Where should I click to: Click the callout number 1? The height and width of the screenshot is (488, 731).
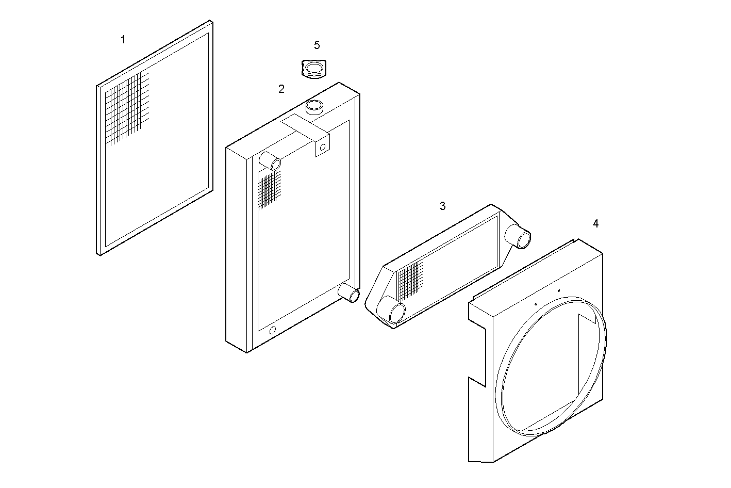pos(123,40)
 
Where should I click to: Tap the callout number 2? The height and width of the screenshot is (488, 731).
pos(281,89)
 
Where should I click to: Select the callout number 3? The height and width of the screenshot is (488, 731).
pos(442,206)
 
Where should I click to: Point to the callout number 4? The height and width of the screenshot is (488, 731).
pos(595,224)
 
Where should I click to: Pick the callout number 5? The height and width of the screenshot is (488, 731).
pos(317,46)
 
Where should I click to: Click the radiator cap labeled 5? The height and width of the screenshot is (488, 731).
pos(313,69)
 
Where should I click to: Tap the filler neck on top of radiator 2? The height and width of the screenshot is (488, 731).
pos(314,107)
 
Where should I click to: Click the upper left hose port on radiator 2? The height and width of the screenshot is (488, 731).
pos(270,161)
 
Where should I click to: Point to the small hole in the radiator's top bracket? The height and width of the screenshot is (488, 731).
pos(323,148)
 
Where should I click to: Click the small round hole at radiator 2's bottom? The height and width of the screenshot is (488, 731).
pos(273,330)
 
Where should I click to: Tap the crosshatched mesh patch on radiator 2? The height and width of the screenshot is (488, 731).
pos(269,190)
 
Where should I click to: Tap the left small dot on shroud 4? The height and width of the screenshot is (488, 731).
pos(536,304)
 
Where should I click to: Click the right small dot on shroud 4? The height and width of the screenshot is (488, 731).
pos(559,291)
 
